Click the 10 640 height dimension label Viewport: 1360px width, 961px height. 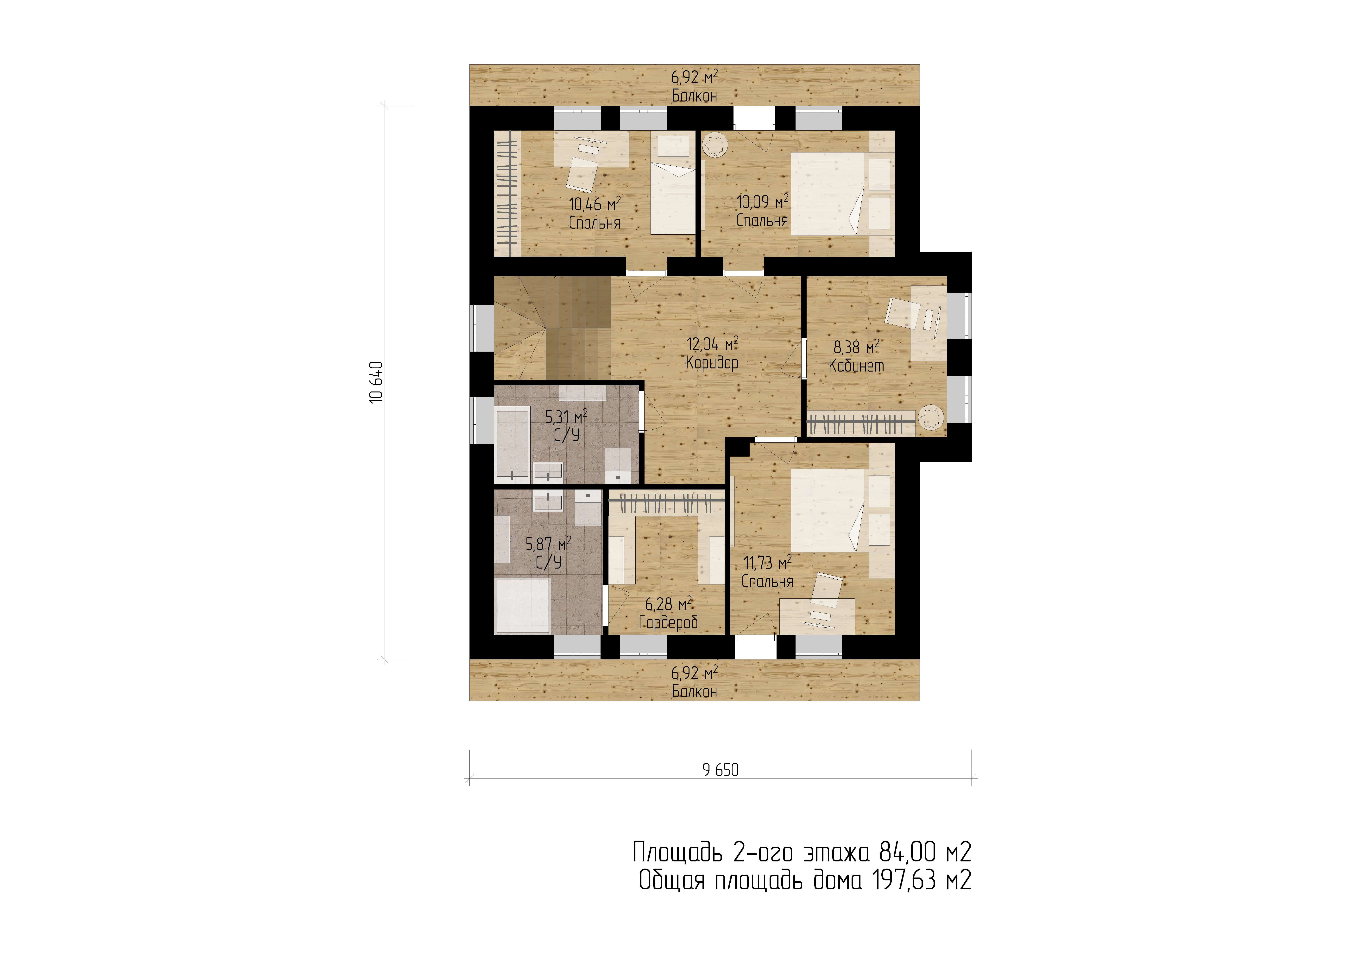[377, 383]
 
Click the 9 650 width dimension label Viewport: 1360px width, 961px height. [720, 770]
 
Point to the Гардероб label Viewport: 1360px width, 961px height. [668, 622]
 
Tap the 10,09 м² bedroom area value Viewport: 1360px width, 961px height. [762, 202]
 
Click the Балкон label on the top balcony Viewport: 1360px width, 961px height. [694, 96]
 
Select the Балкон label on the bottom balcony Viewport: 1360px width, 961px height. [694, 692]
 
